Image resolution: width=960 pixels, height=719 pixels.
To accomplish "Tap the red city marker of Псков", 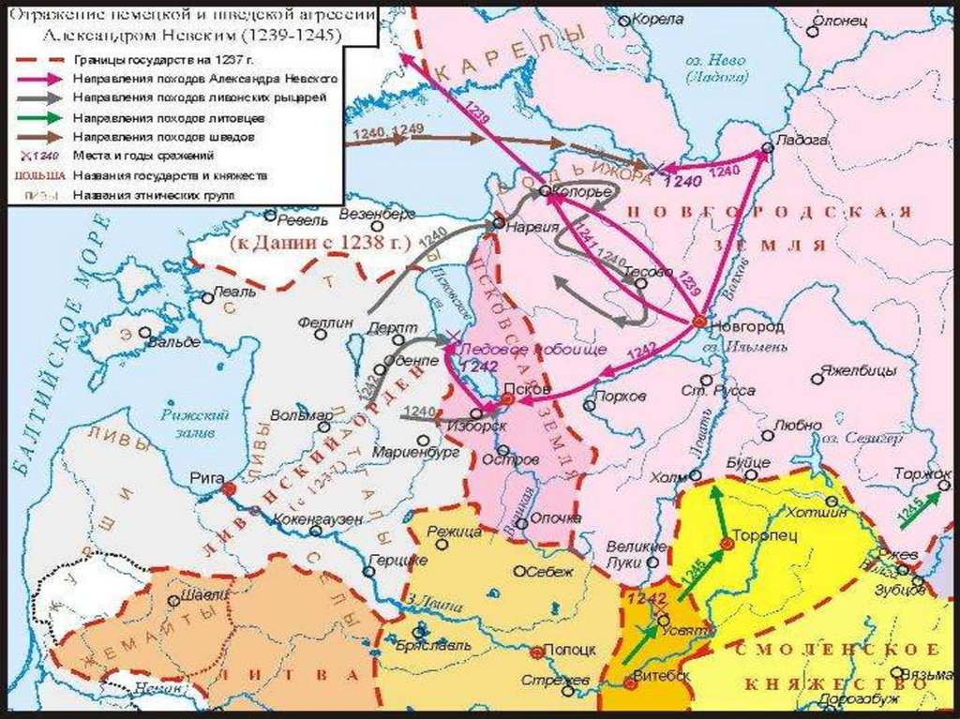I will [506, 399].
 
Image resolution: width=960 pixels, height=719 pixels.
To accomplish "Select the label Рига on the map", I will [206, 476].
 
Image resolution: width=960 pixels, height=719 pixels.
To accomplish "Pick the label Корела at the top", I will [658, 19].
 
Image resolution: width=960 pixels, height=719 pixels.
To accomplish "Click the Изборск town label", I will [481, 426].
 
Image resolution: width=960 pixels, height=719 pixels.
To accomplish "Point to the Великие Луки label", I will [637, 554].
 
